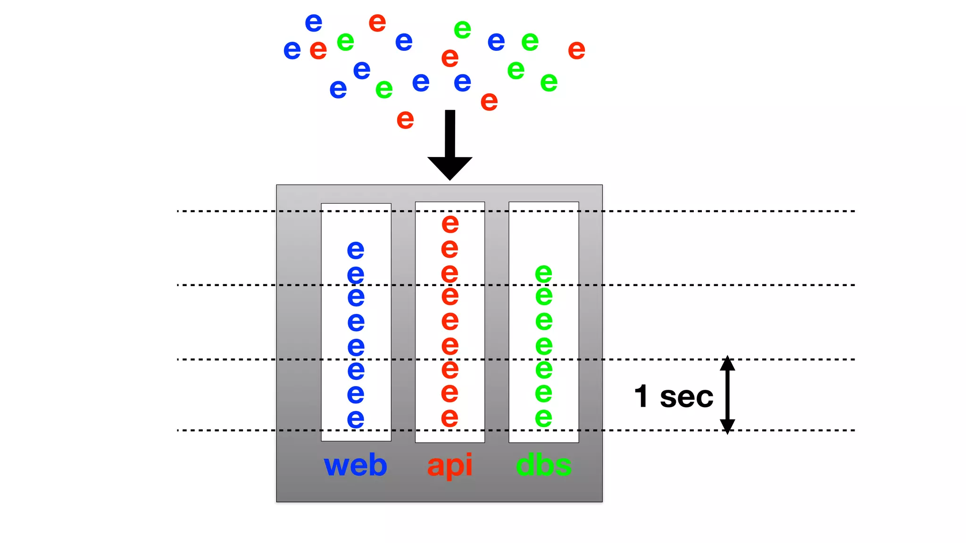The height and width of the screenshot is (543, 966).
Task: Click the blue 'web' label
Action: point(355,465)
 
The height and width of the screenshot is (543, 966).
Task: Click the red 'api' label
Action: point(450,465)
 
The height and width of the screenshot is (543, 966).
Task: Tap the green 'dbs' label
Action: point(543,465)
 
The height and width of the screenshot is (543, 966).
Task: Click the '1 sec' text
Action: point(674,396)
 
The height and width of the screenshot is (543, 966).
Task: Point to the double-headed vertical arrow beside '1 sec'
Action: point(727,395)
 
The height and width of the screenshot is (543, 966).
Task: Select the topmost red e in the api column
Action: point(450,223)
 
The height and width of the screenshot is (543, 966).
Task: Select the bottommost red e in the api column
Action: point(450,418)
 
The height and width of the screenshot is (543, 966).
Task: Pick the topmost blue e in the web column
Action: point(355,250)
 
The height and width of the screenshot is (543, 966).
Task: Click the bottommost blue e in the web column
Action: point(355,419)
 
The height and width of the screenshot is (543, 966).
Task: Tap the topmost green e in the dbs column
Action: point(543,273)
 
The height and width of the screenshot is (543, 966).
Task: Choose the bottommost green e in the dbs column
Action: point(543,418)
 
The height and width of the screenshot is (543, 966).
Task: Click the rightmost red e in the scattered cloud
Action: point(576,50)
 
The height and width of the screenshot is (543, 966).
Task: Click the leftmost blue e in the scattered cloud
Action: point(292,49)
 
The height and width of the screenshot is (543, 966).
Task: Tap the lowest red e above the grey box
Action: point(405,120)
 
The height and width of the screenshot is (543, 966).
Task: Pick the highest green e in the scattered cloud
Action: point(462,30)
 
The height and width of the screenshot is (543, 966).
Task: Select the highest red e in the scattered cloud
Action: point(377,23)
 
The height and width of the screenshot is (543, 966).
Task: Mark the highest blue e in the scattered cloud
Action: point(313,23)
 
